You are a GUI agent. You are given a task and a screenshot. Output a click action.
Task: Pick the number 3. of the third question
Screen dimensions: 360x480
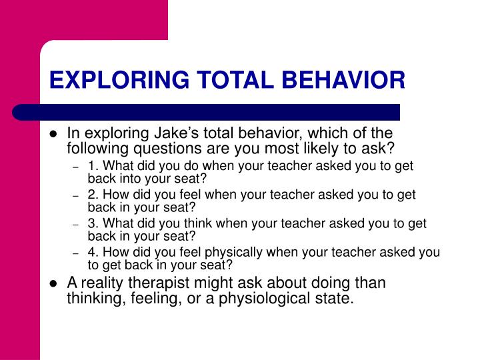(x=92, y=223)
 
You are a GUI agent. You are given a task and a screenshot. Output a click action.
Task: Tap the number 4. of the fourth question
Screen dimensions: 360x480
(x=92, y=253)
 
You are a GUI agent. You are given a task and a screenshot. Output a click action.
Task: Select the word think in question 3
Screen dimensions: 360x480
(x=180, y=223)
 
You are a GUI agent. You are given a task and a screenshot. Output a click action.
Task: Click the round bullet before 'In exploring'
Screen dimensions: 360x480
(x=54, y=134)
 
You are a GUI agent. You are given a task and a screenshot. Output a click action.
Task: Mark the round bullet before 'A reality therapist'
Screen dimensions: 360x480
(x=54, y=283)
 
